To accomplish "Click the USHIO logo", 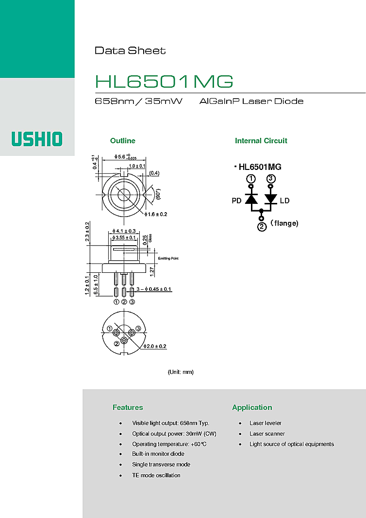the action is pos(37,139).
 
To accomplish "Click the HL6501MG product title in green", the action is pos(164,81).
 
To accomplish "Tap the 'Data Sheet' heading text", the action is pos(130,50).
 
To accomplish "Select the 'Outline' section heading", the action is pos(123,141).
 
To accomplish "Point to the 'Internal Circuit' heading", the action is pos(261,141).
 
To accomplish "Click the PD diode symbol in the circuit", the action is pos(251,199).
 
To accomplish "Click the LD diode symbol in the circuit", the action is pos(271,199).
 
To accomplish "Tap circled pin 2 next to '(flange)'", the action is pos(262,227).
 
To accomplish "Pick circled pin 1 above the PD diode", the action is pos(251,179).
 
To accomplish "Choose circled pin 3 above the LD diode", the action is pos(271,179).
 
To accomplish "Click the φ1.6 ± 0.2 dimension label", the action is pos(156,215).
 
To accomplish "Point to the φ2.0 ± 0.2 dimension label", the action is pos(155,347).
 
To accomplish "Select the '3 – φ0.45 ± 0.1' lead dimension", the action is pos(154,289).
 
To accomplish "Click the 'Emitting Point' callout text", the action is pos(168,258).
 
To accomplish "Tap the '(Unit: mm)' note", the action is pos(181,372).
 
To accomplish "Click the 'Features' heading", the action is pos(128,407).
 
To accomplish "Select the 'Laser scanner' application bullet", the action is pos(267,434).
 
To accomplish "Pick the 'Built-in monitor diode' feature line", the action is pos(158,454).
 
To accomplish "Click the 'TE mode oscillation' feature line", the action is pos(156,475).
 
